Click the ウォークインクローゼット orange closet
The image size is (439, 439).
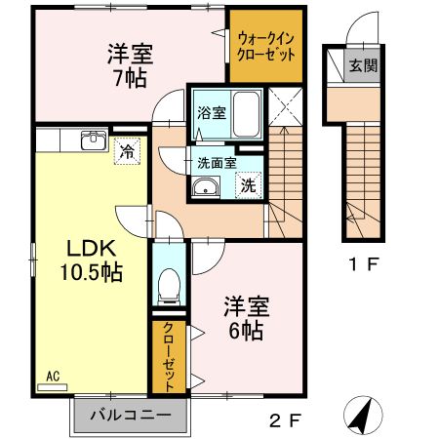tap(265, 46)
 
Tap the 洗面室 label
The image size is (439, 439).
tap(217, 163)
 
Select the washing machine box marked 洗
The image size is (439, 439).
tap(248, 183)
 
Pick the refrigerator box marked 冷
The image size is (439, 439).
tap(127, 150)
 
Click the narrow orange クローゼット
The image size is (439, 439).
tap(168, 356)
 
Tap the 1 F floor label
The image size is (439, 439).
tap(364, 263)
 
